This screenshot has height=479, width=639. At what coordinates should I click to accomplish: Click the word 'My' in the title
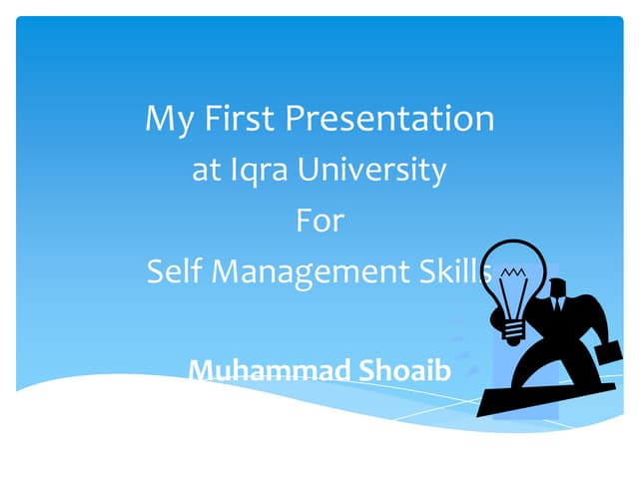tap(165, 120)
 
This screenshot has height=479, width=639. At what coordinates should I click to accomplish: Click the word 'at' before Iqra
tap(206, 170)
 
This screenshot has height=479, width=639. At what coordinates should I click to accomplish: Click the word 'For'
tap(319, 220)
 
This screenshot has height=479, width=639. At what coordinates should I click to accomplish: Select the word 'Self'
tap(175, 270)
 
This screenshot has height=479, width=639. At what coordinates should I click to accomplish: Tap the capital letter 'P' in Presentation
tap(298, 119)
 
